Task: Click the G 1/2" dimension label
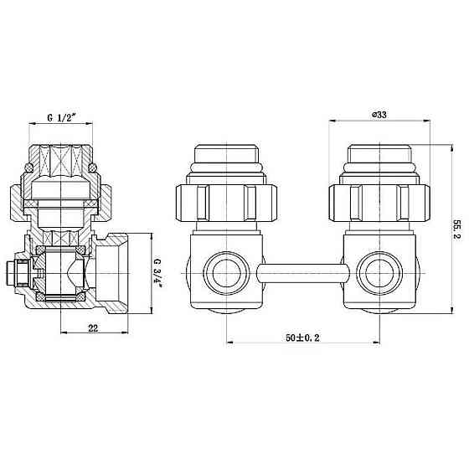tap(60, 117)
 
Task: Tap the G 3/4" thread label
tap(157, 272)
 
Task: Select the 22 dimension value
tap(93, 328)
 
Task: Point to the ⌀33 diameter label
tap(379, 115)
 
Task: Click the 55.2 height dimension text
tap(457, 229)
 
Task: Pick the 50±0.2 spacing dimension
tap(302, 338)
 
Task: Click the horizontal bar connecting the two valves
tap(302, 273)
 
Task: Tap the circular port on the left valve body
tap(226, 273)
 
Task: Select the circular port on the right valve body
tap(380, 273)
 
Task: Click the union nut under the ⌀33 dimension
tap(379, 203)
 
